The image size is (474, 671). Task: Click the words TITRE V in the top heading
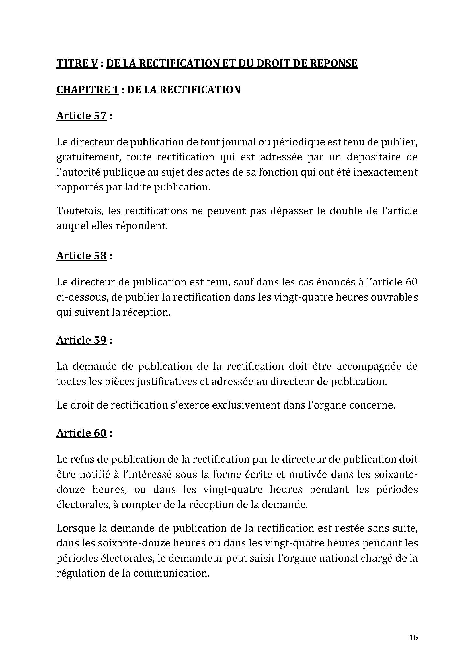[77, 63]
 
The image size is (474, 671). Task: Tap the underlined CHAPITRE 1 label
[88, 90]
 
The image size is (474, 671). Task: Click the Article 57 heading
[81, 116]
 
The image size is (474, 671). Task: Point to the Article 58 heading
[81, 256]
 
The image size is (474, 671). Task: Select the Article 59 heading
[81, 340]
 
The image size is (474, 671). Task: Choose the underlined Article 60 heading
[81, 433]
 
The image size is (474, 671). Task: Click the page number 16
[413, 638]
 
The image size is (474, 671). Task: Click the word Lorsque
[76, 528]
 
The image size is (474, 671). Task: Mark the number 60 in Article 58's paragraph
[411, 282]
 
